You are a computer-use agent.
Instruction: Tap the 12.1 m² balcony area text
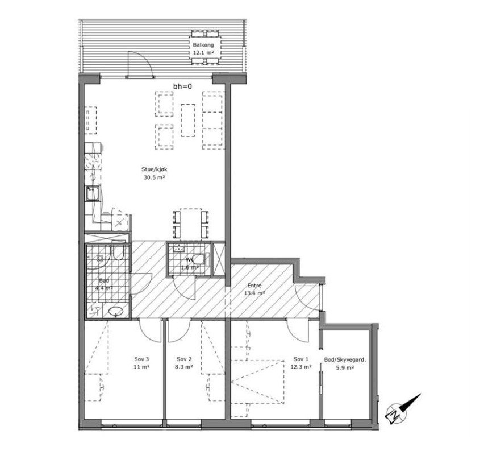click(x=203, y=52)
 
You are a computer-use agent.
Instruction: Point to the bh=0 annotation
click(x=182, y=86)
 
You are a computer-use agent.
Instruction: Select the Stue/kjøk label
click(x=154, y=169)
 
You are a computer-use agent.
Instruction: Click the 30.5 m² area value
click(x=153, y=177)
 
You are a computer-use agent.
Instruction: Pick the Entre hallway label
click(x=253, y=286)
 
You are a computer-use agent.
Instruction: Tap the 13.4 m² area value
click(x=254, y=293)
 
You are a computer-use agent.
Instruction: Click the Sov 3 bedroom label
click(x=141, y=359)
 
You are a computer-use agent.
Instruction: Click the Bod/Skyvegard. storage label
click(x=345, y=359)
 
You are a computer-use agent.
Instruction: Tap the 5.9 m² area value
click(x=345, y=367)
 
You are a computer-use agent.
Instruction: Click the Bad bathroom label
click(x=103, y=281)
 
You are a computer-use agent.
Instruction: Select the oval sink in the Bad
click(x=118, y=311)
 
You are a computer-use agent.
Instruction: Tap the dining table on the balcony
click(x=203, y=48)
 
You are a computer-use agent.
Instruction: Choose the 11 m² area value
click(x=141, y=367)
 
